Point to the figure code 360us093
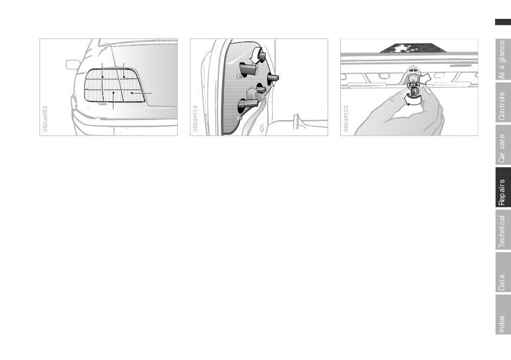pyautogui.click(x=45, y=119)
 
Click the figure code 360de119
pyautogui.click(x=196, y=118)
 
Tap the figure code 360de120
pyautogui.click(x=346, y=118)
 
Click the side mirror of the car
pyautogui.click(x=73, y=64)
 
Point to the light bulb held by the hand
pyautogui.click(x=412, y=79)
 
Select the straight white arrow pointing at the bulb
pyautogui.click(x=425, y=80)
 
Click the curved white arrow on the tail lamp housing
pyautogui.click(x=257, y=55)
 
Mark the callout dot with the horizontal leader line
pyautogui.click(x=132, y=93)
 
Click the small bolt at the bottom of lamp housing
pyautogui.click(x=240, y=117)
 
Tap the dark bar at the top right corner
pyautogui.click(x=503, y=22)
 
